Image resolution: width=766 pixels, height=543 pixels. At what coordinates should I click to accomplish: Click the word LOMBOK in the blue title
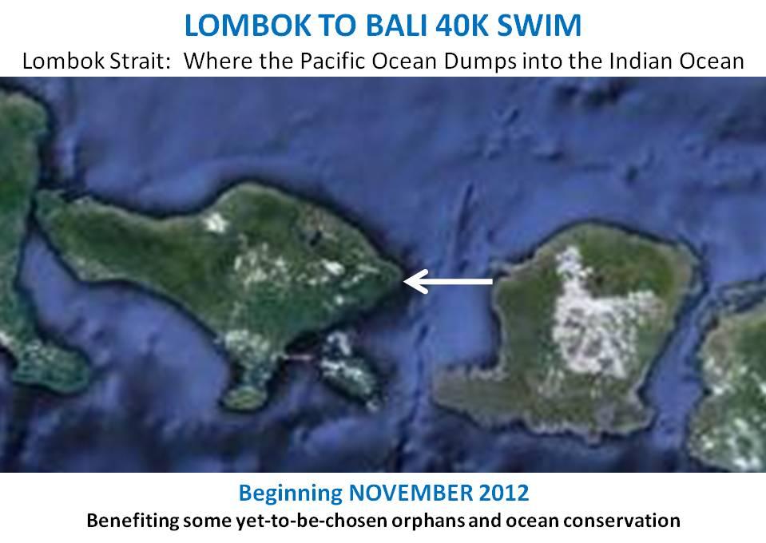pos(247,26)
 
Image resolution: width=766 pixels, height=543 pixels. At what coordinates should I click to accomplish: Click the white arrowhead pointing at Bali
pos(415,281)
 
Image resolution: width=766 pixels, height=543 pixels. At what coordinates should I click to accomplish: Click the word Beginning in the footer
pos(290,493)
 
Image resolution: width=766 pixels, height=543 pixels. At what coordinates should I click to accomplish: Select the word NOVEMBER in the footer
pos(411,493)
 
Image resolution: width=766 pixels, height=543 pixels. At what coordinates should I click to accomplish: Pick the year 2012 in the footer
pos(504,493)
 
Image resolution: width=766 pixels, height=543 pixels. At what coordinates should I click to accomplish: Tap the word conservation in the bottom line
pos(622,520)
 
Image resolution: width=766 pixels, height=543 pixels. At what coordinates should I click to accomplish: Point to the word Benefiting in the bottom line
pos(133,521)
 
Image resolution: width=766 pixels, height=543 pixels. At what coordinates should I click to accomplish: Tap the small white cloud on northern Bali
pos(216,223)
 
